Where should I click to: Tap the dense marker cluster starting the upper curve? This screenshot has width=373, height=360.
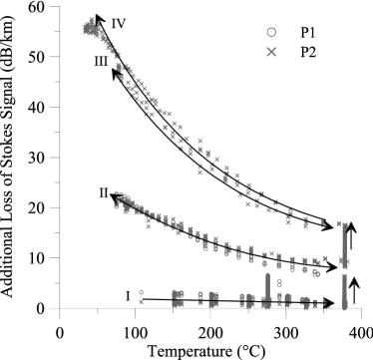point(93,28)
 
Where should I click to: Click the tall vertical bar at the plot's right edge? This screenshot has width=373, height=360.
point(344,264)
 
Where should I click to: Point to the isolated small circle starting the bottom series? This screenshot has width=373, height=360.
point(141,292)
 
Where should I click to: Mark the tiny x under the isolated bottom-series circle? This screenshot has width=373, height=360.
point(141,301)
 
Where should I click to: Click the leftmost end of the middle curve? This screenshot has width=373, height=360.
point(118,196)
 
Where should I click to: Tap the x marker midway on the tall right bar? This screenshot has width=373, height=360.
point(344,263)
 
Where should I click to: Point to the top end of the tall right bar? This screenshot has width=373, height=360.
point(344,222)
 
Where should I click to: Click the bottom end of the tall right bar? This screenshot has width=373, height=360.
point(344,307)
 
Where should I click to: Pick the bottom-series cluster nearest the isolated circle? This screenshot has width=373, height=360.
point(178,296)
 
